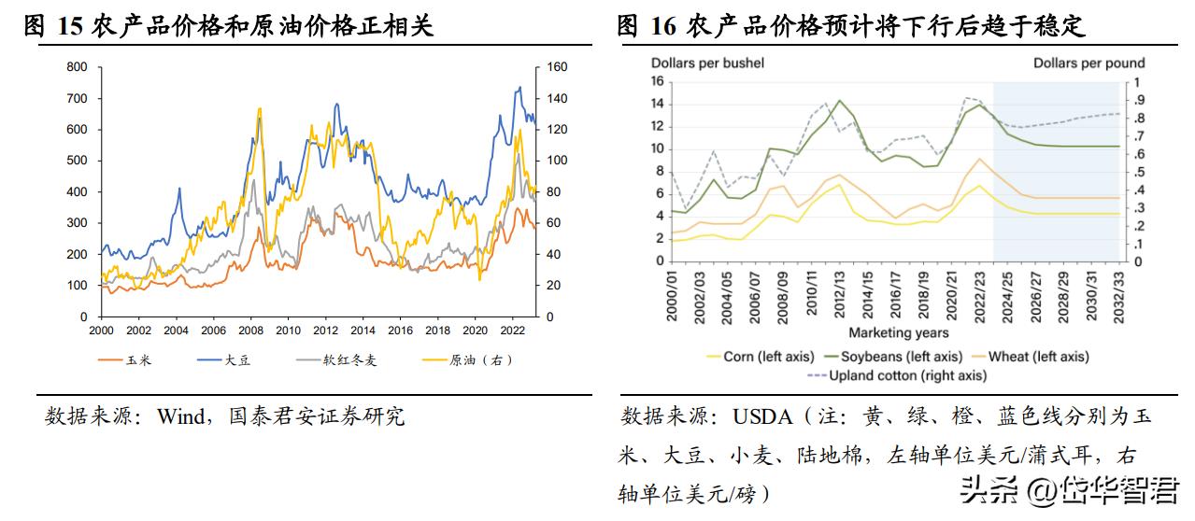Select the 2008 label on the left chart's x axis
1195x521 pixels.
point(249,331)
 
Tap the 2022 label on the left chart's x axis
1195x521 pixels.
point(512,331)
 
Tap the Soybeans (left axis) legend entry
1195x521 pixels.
point(901,356)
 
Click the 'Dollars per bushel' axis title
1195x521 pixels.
point(707,63)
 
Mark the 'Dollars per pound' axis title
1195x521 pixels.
point(1089,63)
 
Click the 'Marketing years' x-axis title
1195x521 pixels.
point(898,332)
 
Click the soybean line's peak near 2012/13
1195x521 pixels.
point(840,100)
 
